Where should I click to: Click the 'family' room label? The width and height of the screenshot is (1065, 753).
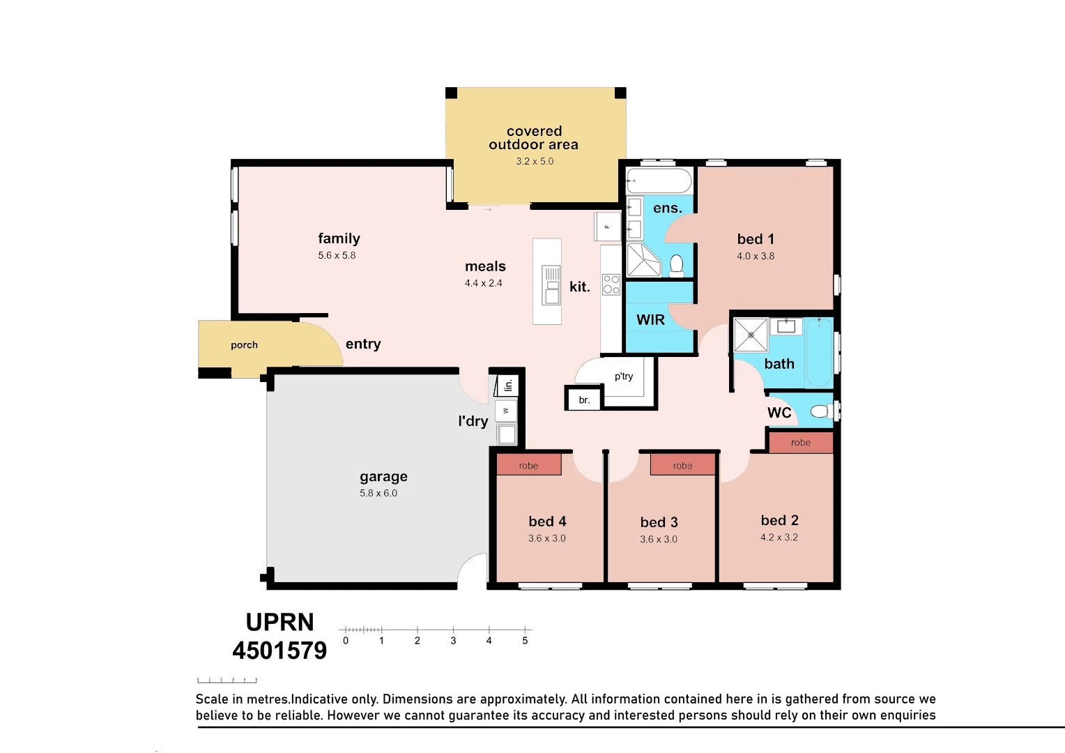tap(339, 238)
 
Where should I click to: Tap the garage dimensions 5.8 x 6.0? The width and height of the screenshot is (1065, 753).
tap(378, 493)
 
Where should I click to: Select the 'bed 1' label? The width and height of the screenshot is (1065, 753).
tap(756, 238)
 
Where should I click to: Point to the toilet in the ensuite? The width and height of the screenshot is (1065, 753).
tap(676, 266)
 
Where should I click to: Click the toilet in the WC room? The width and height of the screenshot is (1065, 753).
tap(822, 411)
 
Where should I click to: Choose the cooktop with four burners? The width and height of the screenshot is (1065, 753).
tap(611, 284)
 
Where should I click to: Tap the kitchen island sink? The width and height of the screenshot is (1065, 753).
tap(551, 285)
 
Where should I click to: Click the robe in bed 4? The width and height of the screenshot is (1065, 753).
tap(529, 465)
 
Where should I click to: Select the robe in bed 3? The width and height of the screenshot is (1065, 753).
tap(683, 465)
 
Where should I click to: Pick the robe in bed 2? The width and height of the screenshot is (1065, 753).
tap(801, 442)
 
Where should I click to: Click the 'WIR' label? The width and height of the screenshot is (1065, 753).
tap(650, 319)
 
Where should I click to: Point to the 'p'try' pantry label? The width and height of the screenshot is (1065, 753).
tap(624, 376)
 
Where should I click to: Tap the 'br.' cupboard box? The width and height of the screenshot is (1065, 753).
tap(584, 399)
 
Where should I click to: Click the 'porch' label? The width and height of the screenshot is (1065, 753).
tap(245, 345)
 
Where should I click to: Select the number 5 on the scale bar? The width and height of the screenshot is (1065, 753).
tap(525, 641)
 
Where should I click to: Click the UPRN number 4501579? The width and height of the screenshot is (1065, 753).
tap(279, 651)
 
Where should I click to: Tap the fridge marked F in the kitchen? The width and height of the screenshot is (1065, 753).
tap(608, 227)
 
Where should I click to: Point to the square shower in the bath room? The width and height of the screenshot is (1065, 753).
tap(751, 335)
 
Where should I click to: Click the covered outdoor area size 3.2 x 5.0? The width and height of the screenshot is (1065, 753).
tap(535, 161)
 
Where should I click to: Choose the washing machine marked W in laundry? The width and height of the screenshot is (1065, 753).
tap(506, 411)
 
